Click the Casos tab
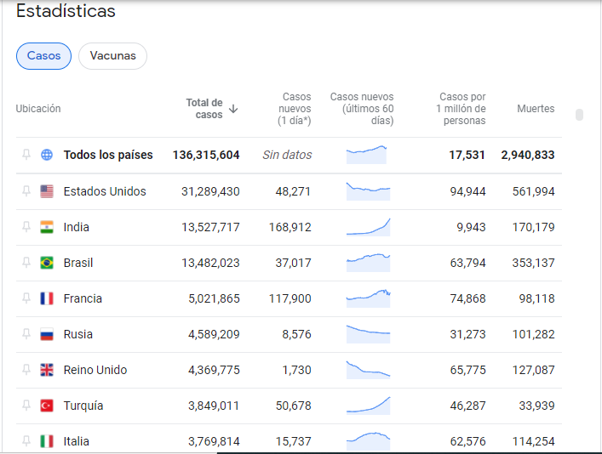pyautogui.click(x=43, y=56)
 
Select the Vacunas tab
pyautogui.click(x=112, y=56)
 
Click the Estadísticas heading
pyautogui.click(x=66, y=12)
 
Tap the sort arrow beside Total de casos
pyautogui.click(x=233, y=109)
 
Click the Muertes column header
pyautogui.click(x=536, y=109)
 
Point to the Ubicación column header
pyautogui.click(x=38, y=109)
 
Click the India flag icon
pyautogui.click(x=47, y=227)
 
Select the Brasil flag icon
pyautogui.click(x=47, y=263)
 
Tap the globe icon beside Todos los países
pyautogui.click(x=47, y=155)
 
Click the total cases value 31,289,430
pyautogui.click(x=210, y=191)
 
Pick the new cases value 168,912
pyautogui.click(x=293, y=227)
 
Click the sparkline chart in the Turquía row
pyautogui.click(x=368, y=405)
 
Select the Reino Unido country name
pyautogui.click(x=95, y=370)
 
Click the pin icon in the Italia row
pyautogui.click(x=26, y=441)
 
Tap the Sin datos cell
pyautogui.click(x=287, y=155)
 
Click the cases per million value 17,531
pyautogui.click(x=467, y=155)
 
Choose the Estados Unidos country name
pyautogui.click(x=105, y=191)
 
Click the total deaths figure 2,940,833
pyautogui.click(x=528, y=155)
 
